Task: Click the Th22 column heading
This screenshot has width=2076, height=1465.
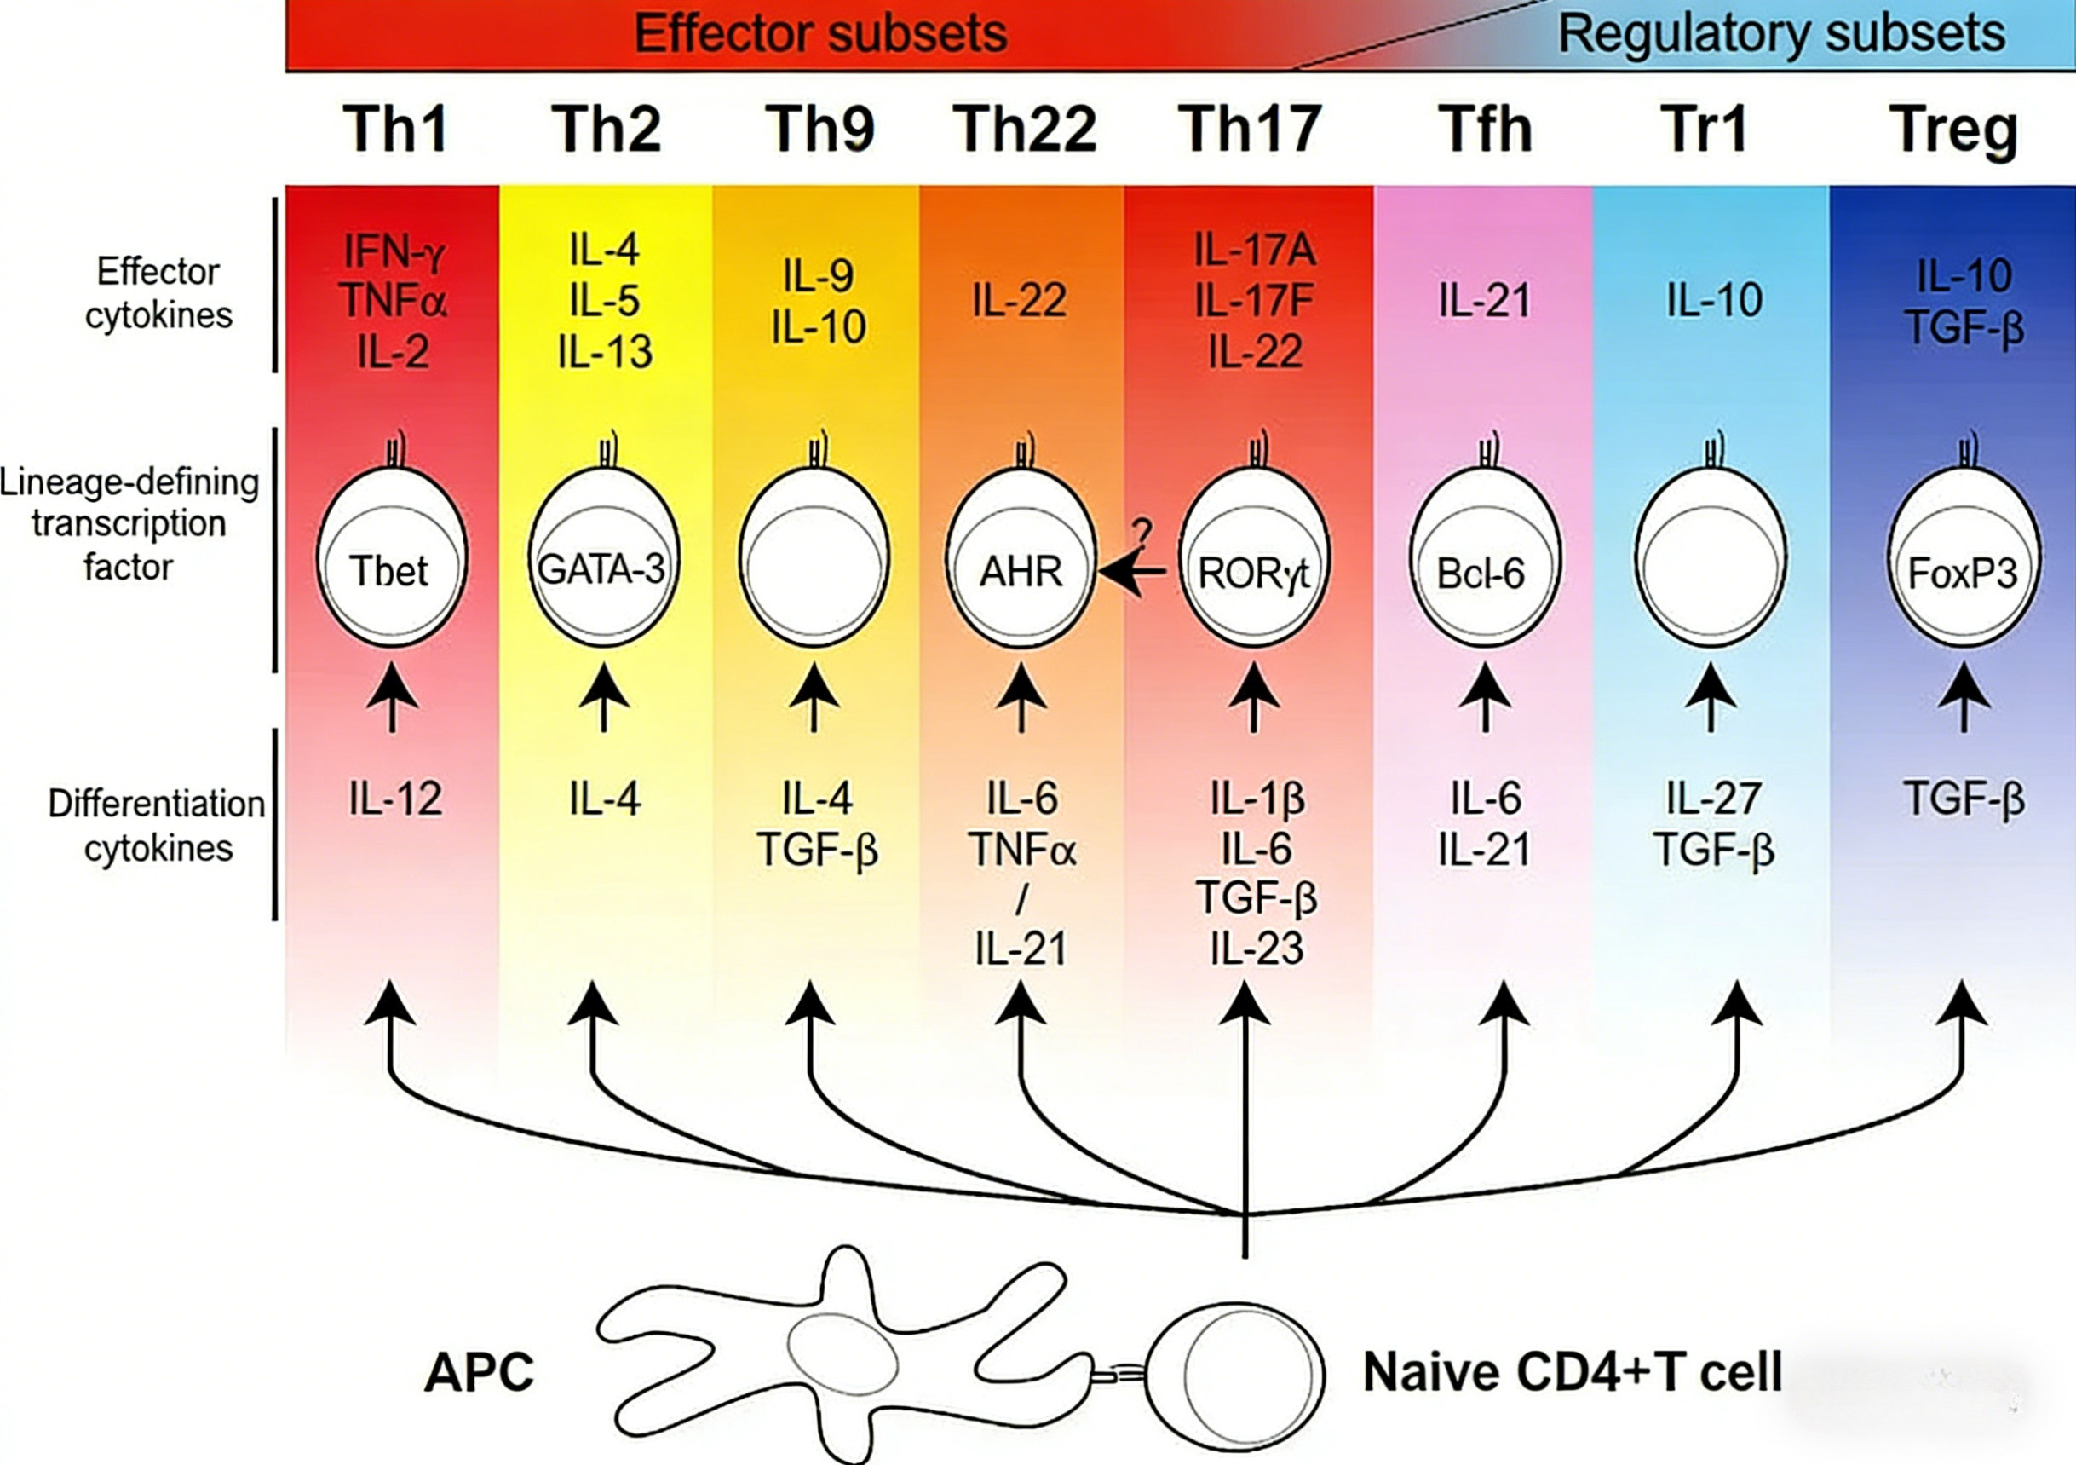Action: point(1025,129)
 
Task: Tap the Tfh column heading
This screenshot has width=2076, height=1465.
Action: point(1486,129)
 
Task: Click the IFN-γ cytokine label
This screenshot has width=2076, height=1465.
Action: point(394,251)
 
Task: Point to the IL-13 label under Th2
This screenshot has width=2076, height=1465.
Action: point(605,351)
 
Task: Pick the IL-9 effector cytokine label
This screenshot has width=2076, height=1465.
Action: point(819,275)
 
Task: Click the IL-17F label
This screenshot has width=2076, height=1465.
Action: point(1254,300)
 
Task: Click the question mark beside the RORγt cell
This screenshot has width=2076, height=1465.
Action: point(1143,534)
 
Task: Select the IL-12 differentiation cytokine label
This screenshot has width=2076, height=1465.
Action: point(395,799)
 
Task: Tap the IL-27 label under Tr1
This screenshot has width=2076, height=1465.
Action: point(1713,799)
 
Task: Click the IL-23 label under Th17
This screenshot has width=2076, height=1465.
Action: point(1257,949)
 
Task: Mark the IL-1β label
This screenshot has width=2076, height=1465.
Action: point(1257,799)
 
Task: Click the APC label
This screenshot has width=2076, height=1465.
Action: point(480,1372)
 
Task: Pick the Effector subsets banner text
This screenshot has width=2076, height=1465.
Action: point(820,33)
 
